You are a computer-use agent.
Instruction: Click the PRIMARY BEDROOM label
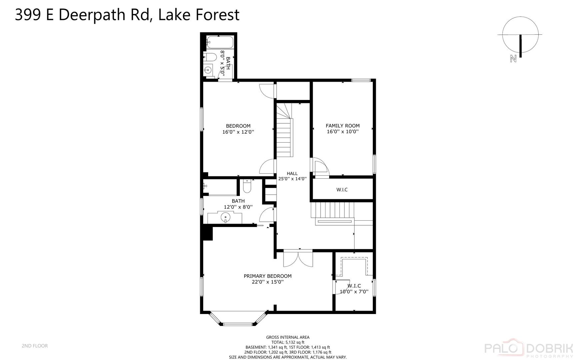click(268, 276)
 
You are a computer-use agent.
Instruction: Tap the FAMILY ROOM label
click(342, 126)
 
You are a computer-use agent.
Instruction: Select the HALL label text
click(292, 173)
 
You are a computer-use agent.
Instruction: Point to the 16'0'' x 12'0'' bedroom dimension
click(238, 132)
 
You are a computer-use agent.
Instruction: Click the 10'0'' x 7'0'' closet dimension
click(354, 292)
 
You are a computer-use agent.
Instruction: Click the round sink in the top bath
click(208, 70)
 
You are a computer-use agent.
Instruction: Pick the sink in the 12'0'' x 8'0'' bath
click(226, 218)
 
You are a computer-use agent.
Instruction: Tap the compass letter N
click(513, 59)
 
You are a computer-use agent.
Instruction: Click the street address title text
click(127, 15)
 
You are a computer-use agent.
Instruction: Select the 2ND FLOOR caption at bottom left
click(35, 346)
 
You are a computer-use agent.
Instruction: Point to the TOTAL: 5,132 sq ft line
click(288, 342)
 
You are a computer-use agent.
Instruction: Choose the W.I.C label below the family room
click(342, 190)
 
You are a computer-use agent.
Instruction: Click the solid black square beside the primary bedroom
click(208, 233)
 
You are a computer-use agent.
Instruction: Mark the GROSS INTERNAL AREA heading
click(288, 337)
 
